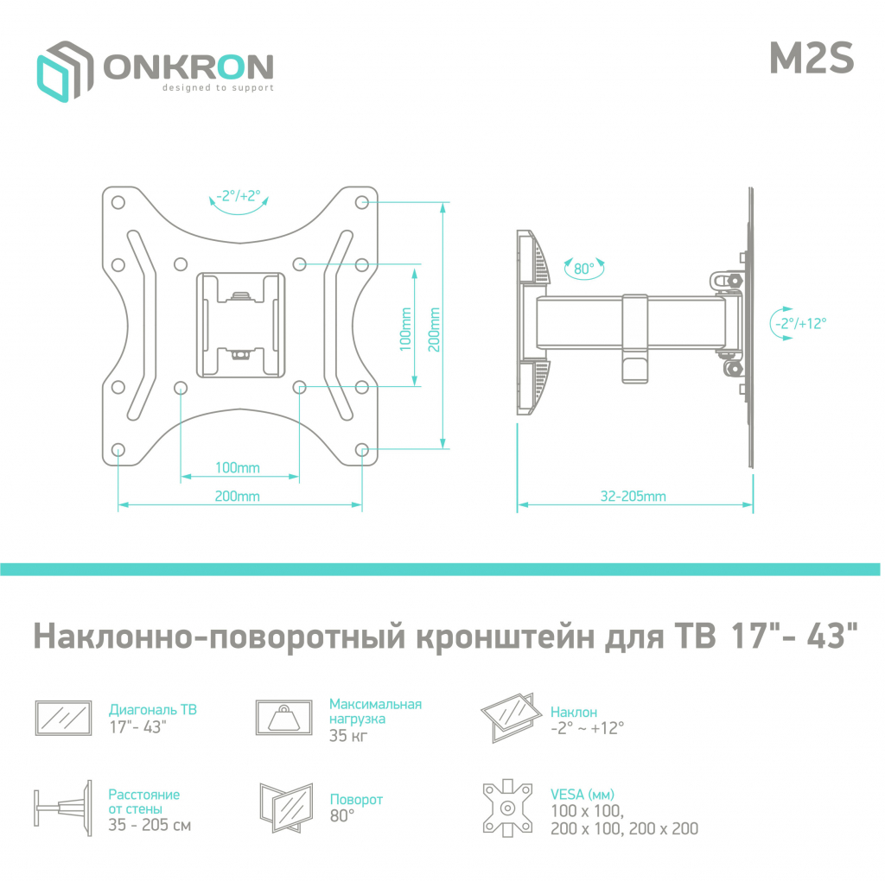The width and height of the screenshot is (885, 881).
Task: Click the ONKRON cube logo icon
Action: (x=63, y=70)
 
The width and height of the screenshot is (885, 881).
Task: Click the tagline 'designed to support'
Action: (x=219, y=88)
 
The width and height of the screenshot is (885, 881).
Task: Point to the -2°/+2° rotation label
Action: (x=239, y=196)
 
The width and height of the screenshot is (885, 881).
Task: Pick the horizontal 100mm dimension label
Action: (x=238, y=468)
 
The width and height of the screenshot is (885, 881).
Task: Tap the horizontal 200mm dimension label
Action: (x=238, y=497)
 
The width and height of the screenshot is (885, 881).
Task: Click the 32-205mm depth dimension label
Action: (x=634, y=497)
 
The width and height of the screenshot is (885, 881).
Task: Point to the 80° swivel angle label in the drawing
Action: (x=584, y=269)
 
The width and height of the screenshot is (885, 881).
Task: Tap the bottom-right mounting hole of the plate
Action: (x=361, y=449)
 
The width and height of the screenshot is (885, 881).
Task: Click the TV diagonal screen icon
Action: (x=63, y=717)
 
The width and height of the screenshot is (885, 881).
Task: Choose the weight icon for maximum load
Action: (x=284, y=717)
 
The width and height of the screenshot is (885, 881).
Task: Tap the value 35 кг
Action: (x=349, y=736)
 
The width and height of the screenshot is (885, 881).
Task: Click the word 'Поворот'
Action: (x=356, y=800)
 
